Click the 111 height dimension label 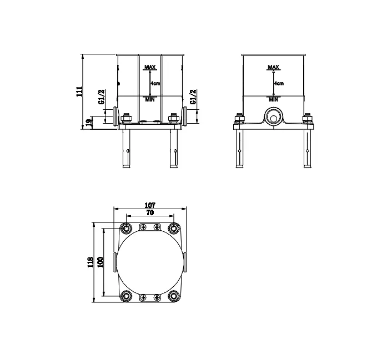point(80,92)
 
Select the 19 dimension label point(89,123)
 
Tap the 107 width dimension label point(150,205)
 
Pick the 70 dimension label point(150,212)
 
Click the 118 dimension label point(91,262)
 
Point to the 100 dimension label point(100,262)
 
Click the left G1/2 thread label point(102,97)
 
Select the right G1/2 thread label point(194,97)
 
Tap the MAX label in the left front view point(150,67)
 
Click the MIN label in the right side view point(273,99)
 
